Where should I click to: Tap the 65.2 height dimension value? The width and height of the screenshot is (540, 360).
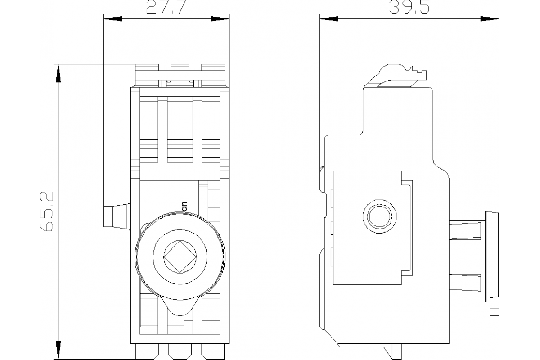[47, 211]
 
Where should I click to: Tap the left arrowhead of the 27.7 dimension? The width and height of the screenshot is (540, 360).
[112, 19]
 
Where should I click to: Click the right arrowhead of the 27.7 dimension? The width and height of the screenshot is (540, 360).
[220, 19]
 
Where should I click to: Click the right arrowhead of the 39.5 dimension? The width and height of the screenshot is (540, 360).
[490, 19]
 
